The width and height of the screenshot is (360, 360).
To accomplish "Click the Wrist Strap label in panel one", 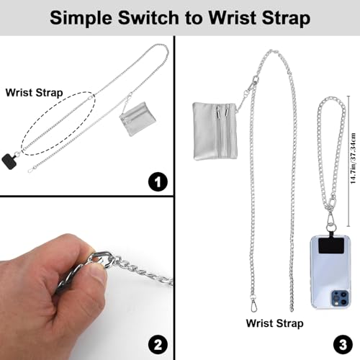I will [32, 92].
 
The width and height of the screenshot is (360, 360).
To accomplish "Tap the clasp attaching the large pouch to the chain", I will [248, 87].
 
